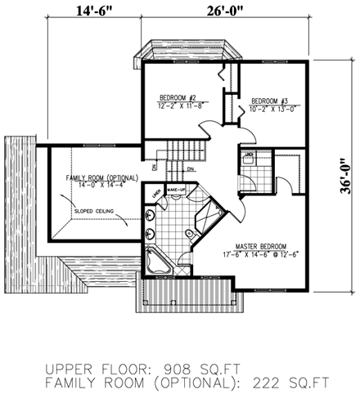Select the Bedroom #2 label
coord(176,98)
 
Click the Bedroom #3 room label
coord(269,92)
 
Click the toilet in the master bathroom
coord(189,235)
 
